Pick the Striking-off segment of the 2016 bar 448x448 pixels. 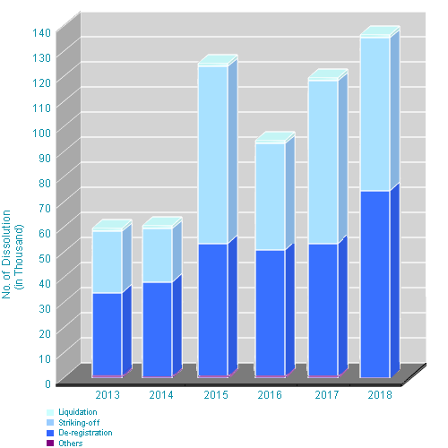click(270, 196)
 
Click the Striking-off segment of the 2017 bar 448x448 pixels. click(323, 162)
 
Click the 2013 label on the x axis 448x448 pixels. click(108, 395)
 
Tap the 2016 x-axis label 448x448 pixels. click(270, 395)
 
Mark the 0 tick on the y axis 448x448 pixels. click(47, 383)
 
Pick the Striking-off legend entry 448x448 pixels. click(78, 422)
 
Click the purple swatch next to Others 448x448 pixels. click(49, 444)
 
